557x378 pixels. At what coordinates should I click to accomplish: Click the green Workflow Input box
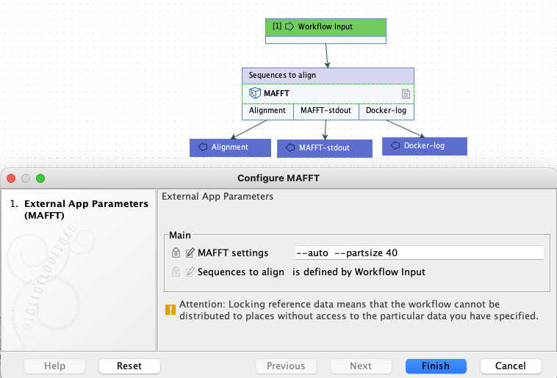point(326,26)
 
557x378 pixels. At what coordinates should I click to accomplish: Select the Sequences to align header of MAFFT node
point(328,75)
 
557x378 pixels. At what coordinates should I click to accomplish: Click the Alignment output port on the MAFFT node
point(267,111)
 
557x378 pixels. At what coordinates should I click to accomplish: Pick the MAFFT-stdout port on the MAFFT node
point(326,111)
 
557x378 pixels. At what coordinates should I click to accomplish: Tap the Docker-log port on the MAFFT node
point(386,111)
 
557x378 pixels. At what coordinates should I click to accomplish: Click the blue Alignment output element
point(229,147)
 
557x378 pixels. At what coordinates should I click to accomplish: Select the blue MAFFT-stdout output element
point(323,148)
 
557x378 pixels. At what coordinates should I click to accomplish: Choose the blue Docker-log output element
point(424,145)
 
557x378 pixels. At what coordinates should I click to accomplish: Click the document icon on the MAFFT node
point(405,94)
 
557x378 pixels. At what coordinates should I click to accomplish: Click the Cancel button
point(511,366)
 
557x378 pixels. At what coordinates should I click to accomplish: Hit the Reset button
point(129,366)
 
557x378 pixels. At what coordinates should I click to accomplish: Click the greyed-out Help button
point(54,366)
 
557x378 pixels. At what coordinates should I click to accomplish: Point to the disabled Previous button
point(286,366)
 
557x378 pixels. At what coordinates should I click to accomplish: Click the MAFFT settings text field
point(418,252)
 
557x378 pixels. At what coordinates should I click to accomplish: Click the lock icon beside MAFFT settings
point(176,252)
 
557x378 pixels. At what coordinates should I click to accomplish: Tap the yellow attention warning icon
point(170,310)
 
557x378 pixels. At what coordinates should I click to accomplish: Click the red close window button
point(12,178)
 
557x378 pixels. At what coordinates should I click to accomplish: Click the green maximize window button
point(40,178)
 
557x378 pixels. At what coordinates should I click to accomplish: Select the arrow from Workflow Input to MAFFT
point(327,56)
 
